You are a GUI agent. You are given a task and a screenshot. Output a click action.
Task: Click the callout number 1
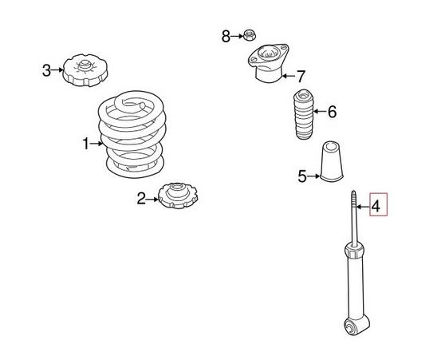[x=86, y=144]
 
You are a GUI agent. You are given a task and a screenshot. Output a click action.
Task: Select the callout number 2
[x=141, y=199]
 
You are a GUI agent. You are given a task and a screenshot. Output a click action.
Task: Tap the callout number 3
[x=46, y=71]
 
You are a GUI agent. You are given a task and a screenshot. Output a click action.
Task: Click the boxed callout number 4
[x=377, y=208]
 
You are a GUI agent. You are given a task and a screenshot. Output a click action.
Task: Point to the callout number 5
[x=302, y=176]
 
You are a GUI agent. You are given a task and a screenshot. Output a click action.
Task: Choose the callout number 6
[x=332, y=112]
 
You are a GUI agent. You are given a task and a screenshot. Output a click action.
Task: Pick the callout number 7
[x=301, y=77]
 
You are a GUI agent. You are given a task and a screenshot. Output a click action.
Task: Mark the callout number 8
[x=226, y=36]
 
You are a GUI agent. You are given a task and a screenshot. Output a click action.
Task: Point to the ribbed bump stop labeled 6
[x=302, y=117]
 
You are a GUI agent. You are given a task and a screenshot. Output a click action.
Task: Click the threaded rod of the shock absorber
[x=352, y=215]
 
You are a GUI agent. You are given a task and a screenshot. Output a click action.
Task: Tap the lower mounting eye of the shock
[x=352, y=326]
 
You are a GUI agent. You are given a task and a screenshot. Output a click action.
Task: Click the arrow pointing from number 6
[x=320, y=112]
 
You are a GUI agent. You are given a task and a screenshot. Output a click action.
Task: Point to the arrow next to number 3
[x=57, y=71]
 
